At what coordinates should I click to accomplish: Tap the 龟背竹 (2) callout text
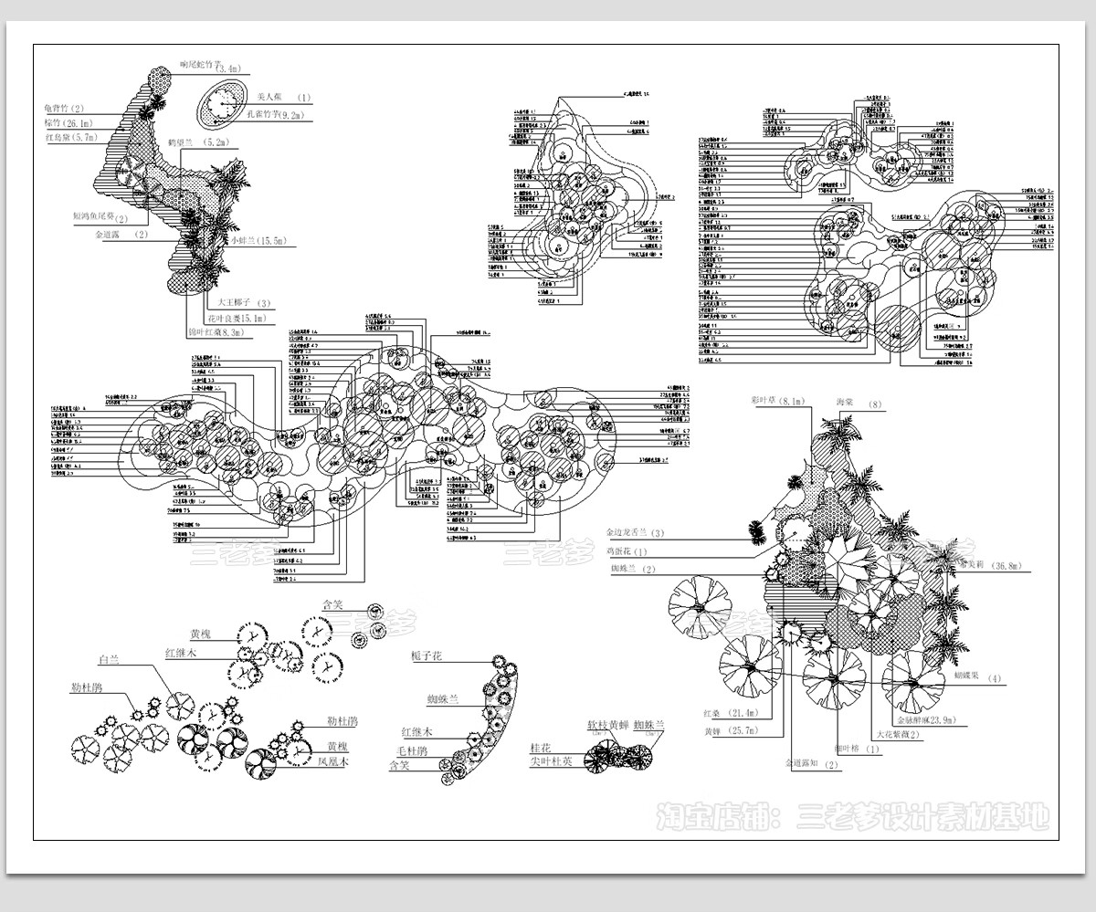click(64, 109)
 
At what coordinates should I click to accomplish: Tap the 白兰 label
click(109, 658)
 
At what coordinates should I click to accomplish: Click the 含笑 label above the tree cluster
click(331, 604)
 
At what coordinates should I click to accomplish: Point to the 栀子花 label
click(427, 656)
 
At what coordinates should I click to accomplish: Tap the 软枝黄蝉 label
click(606, 726)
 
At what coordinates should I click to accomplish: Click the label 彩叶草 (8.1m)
click(776, 400)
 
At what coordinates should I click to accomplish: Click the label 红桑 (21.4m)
click(732, 711)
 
